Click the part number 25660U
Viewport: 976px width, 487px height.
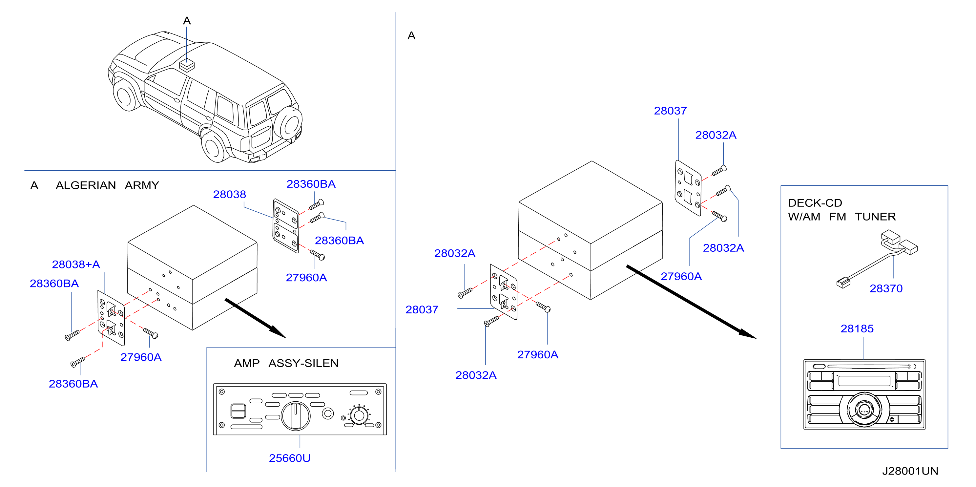289,458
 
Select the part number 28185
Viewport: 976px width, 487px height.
857,328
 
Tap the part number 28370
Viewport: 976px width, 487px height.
886,288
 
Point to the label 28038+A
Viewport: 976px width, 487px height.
76,264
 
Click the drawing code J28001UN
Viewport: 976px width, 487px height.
910,471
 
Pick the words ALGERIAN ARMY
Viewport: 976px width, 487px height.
107,185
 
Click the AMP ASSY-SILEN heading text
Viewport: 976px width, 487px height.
286,363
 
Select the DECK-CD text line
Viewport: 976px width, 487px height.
815,203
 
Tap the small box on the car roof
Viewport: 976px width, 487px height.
187,65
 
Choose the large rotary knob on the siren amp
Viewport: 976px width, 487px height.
296,416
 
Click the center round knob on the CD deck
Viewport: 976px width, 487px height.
864,410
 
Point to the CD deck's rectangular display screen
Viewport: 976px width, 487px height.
864,380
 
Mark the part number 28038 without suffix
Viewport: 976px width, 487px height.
229,194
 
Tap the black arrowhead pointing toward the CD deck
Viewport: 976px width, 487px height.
746,333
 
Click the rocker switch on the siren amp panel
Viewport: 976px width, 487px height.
238,411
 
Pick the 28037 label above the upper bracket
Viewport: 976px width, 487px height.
670,111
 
